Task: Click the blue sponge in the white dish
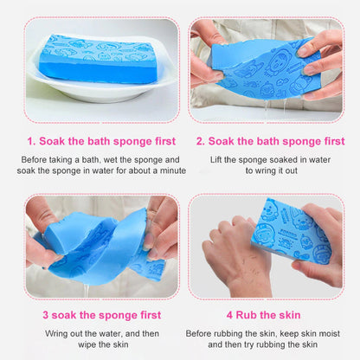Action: [x=95, y=59]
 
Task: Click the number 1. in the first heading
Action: [x=32, y=141]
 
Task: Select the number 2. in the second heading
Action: [x=201, y=141]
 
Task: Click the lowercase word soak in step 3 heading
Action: [x=65, y=316]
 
